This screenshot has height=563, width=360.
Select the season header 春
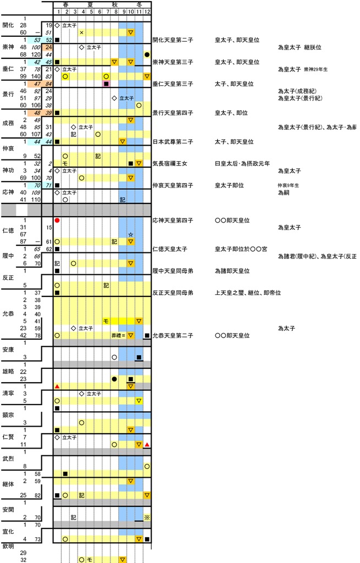pyautogui.click(x=66, y=4)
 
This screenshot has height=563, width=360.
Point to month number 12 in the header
pyautogui.click(x=147, y=12)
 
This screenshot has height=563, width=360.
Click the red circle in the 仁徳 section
pyautogui.click(x=57, y=220)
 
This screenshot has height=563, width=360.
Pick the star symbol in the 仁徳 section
pyautogui.click(x=131, y=235)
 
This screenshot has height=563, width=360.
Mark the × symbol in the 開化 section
pyautogui.click(x=82, y=32)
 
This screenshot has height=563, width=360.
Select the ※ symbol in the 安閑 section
pyautogui.click(x=147, y=517)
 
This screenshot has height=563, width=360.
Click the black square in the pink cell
pyautogui.click(x=106, y=84)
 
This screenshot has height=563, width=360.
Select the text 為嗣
pyautogui.click(x=284, y=193)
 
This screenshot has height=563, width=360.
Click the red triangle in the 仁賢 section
pyautogui.click(x=147, y=444)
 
